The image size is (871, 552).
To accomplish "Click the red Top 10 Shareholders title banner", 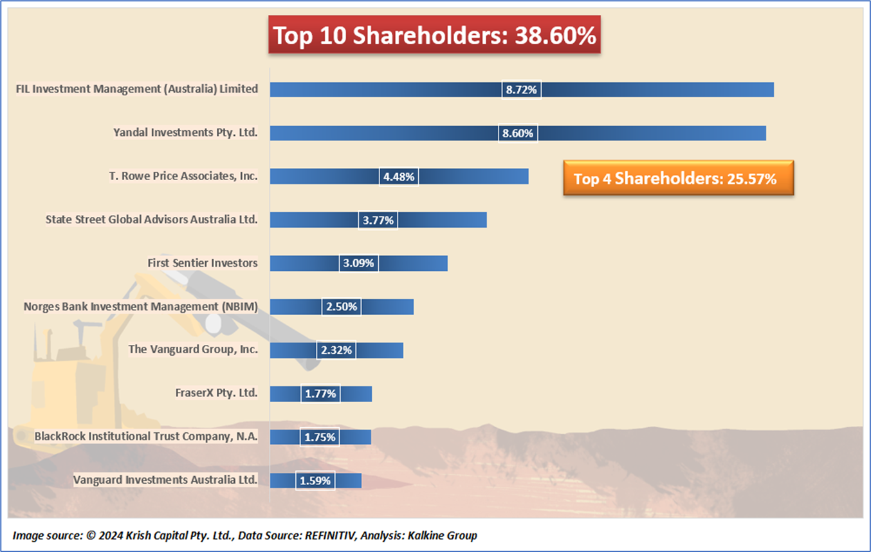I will [434, 36].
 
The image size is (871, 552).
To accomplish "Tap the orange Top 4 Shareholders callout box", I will [678, 178].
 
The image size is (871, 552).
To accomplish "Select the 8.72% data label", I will [521, 90].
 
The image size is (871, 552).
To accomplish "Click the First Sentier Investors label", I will [203, 262].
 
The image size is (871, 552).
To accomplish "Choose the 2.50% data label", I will [342, 307].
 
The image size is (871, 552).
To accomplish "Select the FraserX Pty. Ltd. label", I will [216, 392].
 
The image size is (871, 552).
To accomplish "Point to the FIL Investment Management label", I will [137, 89].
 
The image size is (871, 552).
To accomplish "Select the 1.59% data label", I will [315, 481].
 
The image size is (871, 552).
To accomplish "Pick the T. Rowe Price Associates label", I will [183, 176].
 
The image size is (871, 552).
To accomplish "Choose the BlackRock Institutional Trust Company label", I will [146, 436].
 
